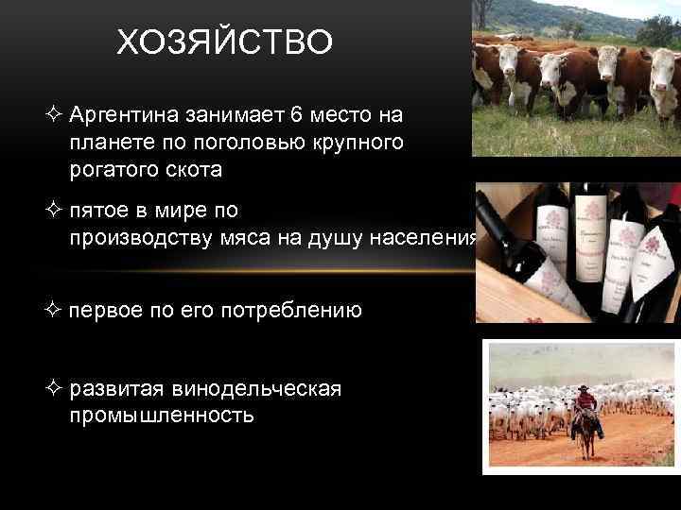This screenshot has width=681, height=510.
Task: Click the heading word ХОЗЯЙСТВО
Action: click(x=224, y=42)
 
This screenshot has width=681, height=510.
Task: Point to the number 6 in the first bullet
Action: click(x=296, y=115)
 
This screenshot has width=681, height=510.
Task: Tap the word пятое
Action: click(x=97, y=211)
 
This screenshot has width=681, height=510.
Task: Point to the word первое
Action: click(x=106, y=310)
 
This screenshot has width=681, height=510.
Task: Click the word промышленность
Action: click(x=161, y=416)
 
